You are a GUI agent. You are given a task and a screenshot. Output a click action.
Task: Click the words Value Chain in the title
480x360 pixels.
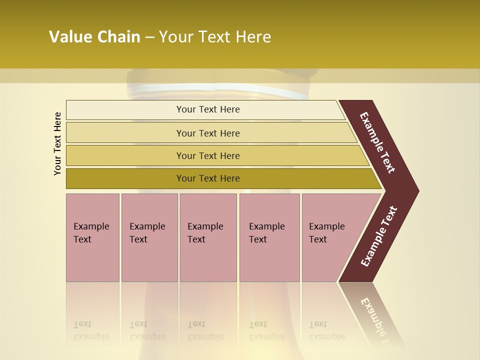tap(94, 37)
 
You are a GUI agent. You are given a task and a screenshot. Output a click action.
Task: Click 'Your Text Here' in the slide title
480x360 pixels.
tap(215, 37)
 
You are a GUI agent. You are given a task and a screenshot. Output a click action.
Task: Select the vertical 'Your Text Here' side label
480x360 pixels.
tap(57, 144)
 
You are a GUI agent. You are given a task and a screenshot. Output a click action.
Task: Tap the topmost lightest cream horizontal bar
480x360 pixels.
tap(207, 109)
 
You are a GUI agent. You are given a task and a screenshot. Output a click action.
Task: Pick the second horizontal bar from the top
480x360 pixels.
tap(207, 133)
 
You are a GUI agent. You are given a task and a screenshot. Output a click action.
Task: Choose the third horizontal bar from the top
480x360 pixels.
tap(207, 155)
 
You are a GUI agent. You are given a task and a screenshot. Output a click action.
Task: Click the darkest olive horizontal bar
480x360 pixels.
tap(207, 178)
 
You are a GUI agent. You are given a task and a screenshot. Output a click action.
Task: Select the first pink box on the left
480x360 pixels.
tap(92, 237)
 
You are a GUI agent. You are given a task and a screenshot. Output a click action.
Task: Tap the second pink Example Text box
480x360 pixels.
tap(149, 237)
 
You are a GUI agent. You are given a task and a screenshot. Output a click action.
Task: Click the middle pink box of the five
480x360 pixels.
tap(208, 237)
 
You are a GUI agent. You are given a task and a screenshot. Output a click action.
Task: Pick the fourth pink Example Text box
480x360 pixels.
tap(269, 237)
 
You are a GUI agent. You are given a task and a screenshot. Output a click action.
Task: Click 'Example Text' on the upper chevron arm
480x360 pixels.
tap(377, 142)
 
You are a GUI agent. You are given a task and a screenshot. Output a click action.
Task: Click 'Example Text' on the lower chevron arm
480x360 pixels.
tap(378, 236)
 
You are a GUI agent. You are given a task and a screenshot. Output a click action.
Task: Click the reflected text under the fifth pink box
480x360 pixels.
tap(326, 330)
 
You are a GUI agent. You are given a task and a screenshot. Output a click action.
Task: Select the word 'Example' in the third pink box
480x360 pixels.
tap(205, 226)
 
